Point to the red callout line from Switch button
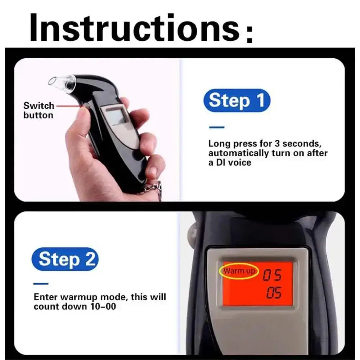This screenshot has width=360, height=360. [x=68, y=106]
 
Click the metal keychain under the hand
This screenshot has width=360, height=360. [x=153, y=189]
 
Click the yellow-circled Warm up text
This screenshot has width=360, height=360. [x=238, y=271]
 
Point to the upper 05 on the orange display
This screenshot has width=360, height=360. [x=272, y=276]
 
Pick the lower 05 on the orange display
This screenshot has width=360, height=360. [x=274, y=293]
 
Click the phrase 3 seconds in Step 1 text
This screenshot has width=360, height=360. [x=294, y=144]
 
